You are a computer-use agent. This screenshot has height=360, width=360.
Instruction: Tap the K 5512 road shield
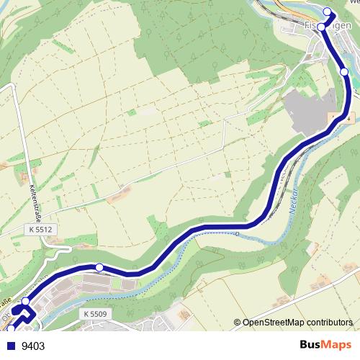(41, 229)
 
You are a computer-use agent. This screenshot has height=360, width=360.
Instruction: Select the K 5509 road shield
(94, 314)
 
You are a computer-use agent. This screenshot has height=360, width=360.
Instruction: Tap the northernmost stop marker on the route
(328, 11)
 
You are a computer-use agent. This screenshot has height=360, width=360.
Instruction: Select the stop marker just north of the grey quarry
(344, 72)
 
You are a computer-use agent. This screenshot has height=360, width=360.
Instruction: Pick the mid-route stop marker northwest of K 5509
(99, 268)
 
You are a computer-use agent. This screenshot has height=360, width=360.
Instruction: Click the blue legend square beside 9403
(10, 346)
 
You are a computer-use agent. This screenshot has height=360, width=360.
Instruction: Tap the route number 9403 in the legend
(33, 346)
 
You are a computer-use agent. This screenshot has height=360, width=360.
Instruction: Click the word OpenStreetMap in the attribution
(274, 322)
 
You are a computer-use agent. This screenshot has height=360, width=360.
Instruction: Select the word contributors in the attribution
(330, 322)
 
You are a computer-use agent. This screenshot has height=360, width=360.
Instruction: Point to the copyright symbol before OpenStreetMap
(238, 322)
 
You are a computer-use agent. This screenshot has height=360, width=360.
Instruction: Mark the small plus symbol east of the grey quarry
(348, 117)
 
